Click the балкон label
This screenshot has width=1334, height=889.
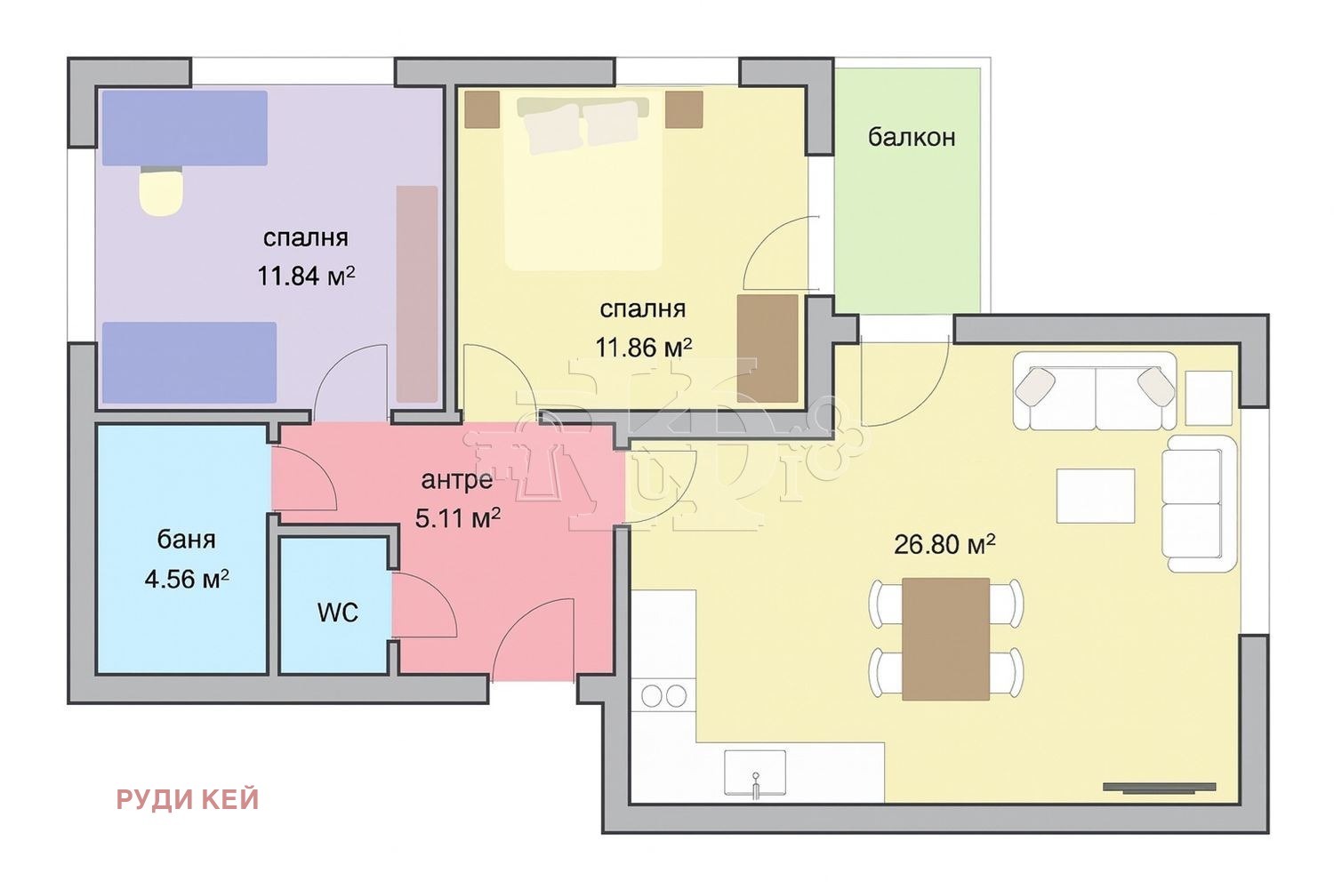click(x=912, y=137)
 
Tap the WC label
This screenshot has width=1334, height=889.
click(x=338, y=613)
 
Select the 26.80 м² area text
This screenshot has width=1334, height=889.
click(x=944, y=544)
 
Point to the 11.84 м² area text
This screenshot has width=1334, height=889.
click(x=306, y=276)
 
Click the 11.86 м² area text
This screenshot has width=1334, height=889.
click(x=644, y=348)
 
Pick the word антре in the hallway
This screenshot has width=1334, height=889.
click(x=457, y=480)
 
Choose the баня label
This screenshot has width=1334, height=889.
click(x=187, y=540)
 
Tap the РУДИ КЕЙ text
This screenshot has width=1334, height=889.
click(x=188, y=800)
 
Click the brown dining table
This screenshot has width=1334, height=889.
click(x=945, y=638)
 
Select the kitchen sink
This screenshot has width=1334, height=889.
click(x=755, y=773)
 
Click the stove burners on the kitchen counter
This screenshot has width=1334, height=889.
click(x=664, y=695)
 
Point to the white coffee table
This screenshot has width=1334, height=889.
click(x=1095, y=496)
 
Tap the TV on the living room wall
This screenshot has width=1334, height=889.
click(x=1159, y=788)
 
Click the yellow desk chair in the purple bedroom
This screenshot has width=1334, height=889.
click(x=161, y=190)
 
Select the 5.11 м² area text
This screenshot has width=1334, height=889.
click(x=457, y=518)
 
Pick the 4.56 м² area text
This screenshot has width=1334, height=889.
click(x=187, y=578)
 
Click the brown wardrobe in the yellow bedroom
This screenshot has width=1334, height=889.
click(x=767, y=348)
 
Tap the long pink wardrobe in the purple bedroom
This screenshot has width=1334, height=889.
click(x=417, y=294)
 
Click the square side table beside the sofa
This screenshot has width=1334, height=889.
click(x=1209, y=397)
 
